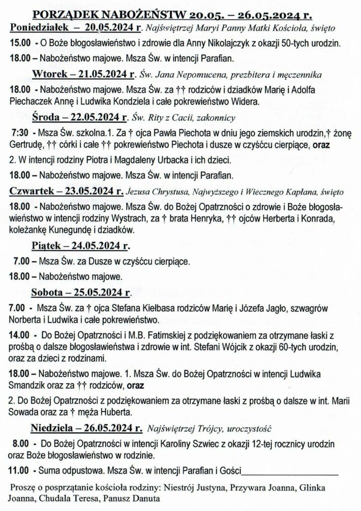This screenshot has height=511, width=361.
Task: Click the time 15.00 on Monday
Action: click(20, 44)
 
